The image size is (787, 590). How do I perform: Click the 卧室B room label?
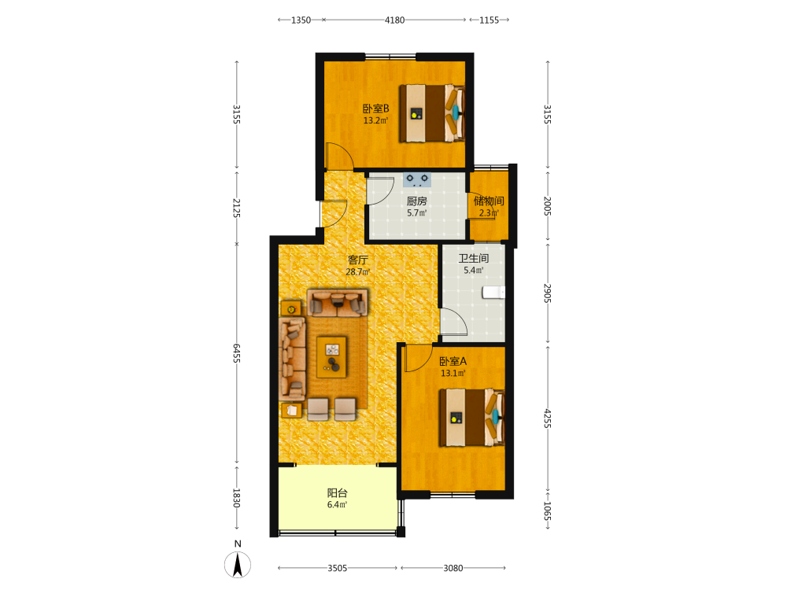[376, 109]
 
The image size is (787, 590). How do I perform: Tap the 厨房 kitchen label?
[416, 201]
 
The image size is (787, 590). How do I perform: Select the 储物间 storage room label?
[489, 201]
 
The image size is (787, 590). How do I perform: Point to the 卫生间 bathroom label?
[473, 258]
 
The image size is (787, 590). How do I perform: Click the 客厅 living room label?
[358, 260]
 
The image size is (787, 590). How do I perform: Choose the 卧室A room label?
[453, 361]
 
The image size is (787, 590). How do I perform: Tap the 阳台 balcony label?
[338, 493]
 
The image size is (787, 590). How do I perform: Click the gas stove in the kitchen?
[416, 179]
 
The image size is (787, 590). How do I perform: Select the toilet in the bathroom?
[493, 293]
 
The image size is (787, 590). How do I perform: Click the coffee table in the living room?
[331, 356]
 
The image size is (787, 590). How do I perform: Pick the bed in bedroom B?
[431, 113]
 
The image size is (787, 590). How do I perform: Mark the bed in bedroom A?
[471, 418]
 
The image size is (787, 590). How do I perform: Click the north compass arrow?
[238, 564]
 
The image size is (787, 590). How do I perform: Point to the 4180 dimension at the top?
[394, 20]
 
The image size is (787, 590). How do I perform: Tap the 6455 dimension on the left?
[237, 353]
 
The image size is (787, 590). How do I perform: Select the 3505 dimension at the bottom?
[338, 568]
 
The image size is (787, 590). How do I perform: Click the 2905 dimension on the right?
[548, 293]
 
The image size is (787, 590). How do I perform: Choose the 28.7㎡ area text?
[358, 272]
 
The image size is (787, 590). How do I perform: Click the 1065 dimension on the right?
[548, 511]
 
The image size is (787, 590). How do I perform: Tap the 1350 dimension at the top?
[301, 20]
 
